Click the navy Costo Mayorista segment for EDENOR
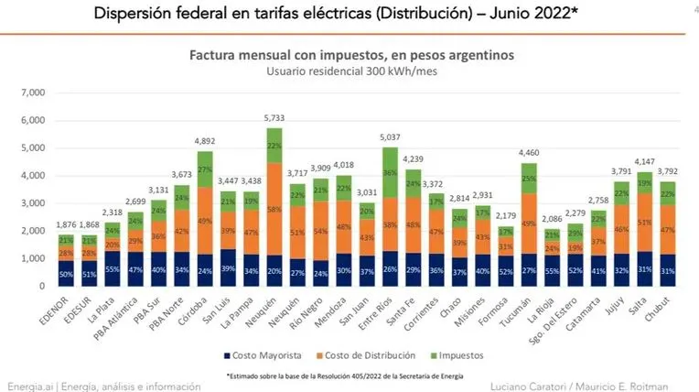[66, 273]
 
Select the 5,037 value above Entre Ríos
[390, 139]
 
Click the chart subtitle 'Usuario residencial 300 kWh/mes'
[350, 71]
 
